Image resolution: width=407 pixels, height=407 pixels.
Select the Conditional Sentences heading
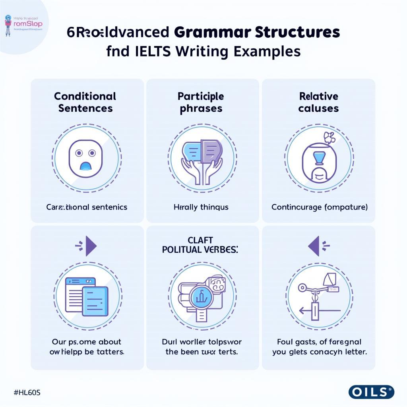pyautogui.click(x=85, y=102)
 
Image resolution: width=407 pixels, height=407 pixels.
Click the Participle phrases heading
pyautogui.click(x=201, y=102)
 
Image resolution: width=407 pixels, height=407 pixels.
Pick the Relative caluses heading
pyautogui.click(x=318, y=102)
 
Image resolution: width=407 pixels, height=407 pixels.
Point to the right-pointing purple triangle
pyautogui.click(x=91, y=248)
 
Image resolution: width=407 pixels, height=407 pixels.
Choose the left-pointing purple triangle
pyautogui.click(x=314, y=248)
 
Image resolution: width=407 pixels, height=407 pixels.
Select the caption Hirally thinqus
pyautogui.click(x=201, y=207)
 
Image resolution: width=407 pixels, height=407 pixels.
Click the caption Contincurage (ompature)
pyautogui.click(x=319, y=207)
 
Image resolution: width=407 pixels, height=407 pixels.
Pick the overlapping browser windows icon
pyautogui.click(x=87, y=296)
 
